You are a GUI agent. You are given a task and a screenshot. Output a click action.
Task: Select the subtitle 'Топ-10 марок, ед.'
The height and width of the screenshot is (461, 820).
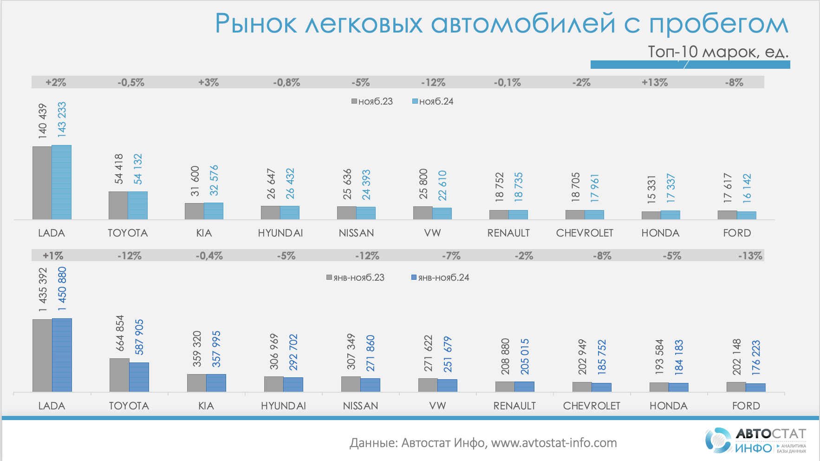(x=718, y=52)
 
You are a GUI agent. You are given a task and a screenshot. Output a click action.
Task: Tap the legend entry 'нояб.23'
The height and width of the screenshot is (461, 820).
(x=372, y=101)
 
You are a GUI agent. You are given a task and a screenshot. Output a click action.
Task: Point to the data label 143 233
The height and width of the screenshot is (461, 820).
(x=62, y=119)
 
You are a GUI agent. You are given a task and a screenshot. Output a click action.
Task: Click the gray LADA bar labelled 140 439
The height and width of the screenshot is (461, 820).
(x=42, y=183)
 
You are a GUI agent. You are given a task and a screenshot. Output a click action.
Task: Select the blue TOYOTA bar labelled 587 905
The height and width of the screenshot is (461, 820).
(x=139, y=377)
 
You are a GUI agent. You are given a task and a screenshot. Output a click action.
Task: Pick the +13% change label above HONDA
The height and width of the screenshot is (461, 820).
(x=655, y=82)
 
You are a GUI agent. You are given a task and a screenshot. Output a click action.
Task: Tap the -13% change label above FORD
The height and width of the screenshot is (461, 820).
(x=750, y=256)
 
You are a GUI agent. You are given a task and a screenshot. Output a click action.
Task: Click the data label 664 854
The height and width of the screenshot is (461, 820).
(x=120, y=333)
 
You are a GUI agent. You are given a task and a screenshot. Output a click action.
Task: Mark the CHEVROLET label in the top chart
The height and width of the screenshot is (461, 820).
(x=585, y=233)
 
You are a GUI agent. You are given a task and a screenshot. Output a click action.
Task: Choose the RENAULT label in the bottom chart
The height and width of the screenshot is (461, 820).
(x=514, y=406)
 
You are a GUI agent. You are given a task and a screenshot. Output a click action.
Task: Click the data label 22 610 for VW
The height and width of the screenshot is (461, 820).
(x=442, y=185)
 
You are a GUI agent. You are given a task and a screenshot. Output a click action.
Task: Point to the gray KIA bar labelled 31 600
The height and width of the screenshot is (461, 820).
(x=194, y=211)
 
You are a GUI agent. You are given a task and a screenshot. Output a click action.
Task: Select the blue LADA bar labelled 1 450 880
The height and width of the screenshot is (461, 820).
(x=62, y=355)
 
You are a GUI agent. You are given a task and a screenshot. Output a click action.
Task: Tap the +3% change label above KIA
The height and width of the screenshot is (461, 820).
(x=208, y=82)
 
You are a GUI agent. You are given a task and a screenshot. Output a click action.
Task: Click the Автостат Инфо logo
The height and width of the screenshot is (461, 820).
(x=755, y=440)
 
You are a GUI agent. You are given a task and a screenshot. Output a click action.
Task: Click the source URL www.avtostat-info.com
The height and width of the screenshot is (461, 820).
(x=554, y=443)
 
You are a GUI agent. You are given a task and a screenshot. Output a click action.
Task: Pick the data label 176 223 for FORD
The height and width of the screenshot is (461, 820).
(x=756, y=357)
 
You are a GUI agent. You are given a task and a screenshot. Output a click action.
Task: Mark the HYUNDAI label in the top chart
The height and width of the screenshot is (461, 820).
(x=280, y=233)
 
